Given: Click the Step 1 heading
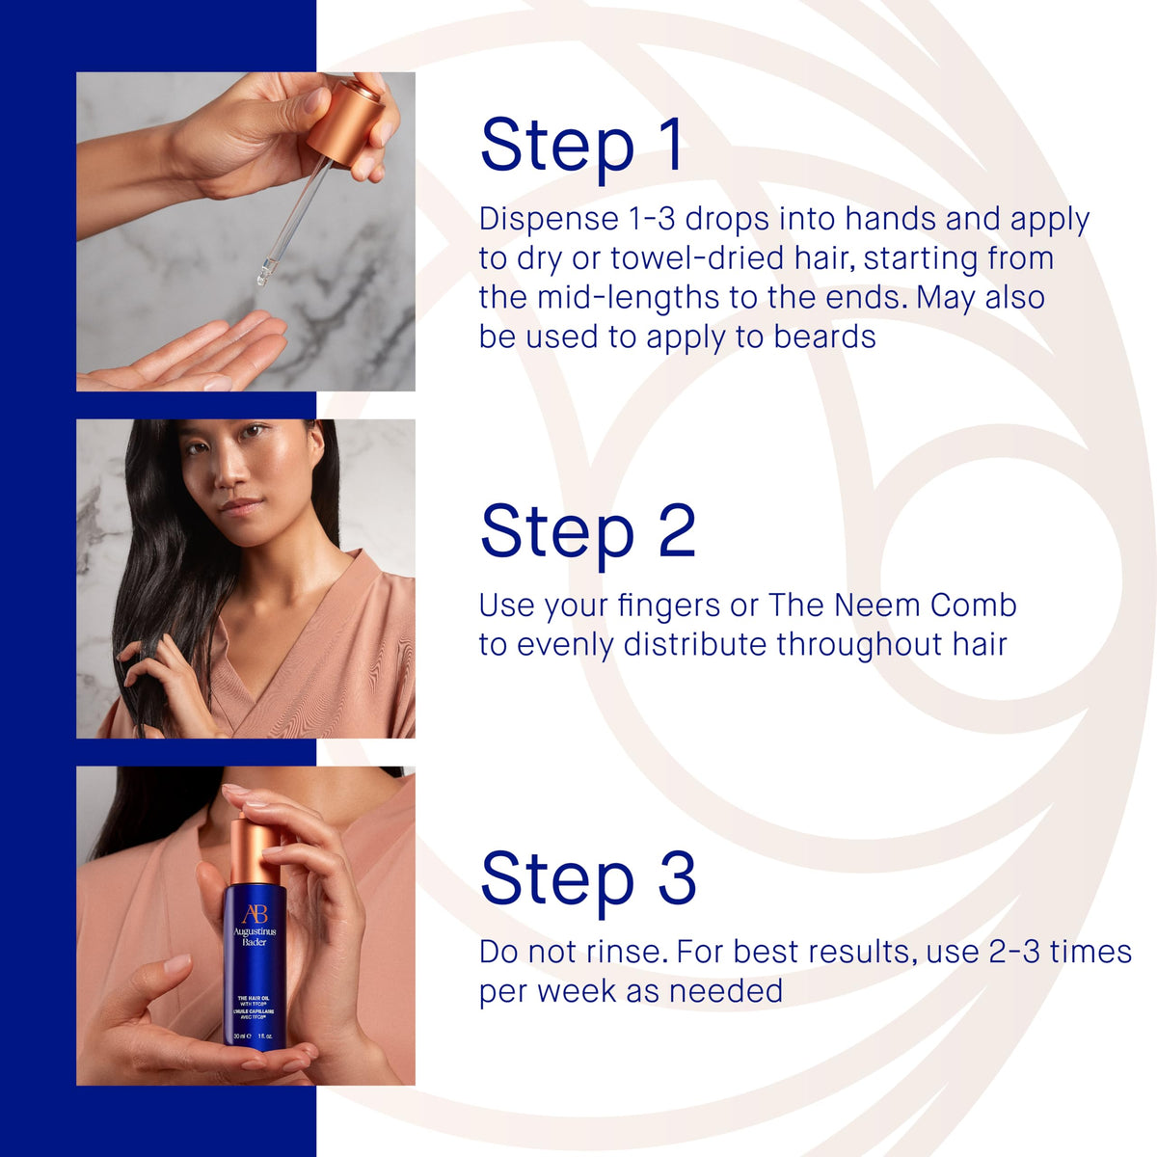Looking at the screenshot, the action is [581, 148].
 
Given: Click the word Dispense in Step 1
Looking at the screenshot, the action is [549, 221].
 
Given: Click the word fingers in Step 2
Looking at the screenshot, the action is [668, 606].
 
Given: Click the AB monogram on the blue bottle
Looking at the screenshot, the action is [255, 914].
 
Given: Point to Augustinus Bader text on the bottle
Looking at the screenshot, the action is [255, 937].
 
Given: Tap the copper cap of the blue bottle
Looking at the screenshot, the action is [255, 849].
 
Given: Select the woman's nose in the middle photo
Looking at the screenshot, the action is [231, 471].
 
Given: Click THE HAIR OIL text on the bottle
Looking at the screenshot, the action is [254, 998].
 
